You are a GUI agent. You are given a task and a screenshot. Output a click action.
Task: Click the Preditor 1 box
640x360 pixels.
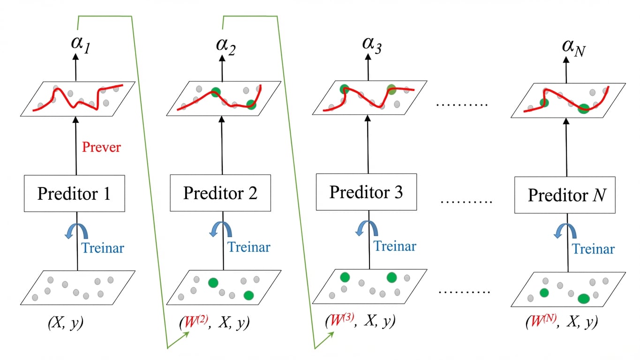pos(74,194)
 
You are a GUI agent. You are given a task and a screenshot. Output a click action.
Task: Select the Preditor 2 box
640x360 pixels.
pos(220,193)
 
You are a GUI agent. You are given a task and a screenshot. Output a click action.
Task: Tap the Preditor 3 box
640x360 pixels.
pos(366,192)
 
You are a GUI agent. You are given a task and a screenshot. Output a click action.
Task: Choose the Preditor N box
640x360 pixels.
pos(565,195)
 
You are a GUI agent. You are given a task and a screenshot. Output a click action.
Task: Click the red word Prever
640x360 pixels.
pos(101,147)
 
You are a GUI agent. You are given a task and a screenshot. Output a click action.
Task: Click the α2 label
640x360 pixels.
pos(226,46)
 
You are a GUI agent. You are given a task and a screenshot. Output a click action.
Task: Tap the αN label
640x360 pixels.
pos(574,48)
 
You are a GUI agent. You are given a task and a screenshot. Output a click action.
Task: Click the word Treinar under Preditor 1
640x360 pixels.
pos(103,248)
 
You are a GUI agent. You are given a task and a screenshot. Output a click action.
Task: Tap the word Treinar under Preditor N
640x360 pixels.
pos(593,249)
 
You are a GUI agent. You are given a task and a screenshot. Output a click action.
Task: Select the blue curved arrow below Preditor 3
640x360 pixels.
pos(367,228)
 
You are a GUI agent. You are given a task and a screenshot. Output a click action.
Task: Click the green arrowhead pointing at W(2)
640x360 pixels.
pos(186,335)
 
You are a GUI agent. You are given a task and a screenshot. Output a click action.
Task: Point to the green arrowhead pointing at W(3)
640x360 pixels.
pos(331,335)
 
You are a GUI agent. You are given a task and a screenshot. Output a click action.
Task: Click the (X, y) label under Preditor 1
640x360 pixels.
pos(66,323)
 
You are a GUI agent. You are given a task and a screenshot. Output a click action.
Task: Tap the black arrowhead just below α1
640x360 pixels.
pos(75,57)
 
